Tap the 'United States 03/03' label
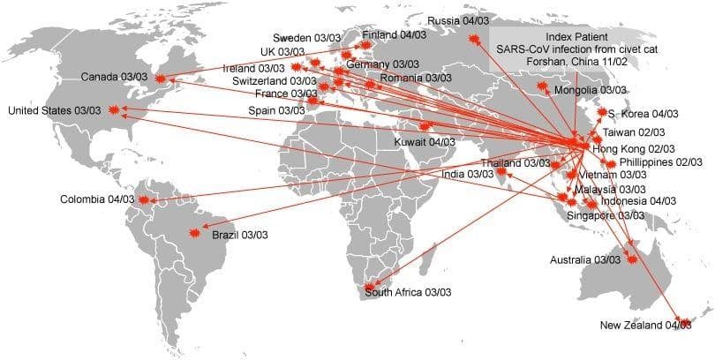(x=54, y=110)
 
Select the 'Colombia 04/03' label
(x=96, y=199)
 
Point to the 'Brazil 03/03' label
(x=240, y=235)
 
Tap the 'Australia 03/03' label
(x=583, y=260)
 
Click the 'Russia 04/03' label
(x=460, y=20)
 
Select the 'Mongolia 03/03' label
(x=591, y=90)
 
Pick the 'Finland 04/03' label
(x=393, y=35)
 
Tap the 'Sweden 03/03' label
(x=306, y=38)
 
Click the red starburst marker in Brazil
(x=196, y=234)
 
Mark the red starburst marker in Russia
(x=474, y=37)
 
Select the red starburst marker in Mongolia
(x=542, y=86)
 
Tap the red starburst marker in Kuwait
(x=402, y=126)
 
